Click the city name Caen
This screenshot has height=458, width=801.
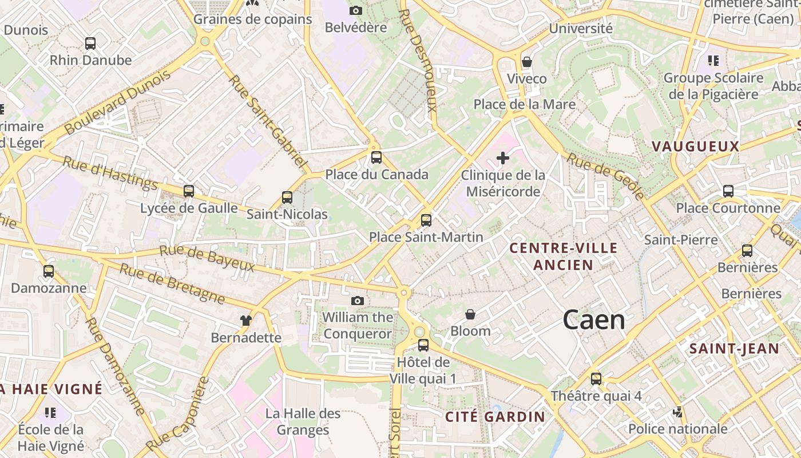[x=594, y=320]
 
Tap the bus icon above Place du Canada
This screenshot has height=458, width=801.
[x=376, y=157]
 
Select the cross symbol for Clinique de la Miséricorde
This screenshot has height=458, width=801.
[x=503, y=158]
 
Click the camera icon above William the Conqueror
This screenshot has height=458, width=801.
[x=357, y=301]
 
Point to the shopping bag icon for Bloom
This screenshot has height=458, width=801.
[x=470, y=314]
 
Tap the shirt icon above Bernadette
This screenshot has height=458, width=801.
[x=246, y=321]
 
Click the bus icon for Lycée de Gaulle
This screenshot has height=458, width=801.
[x=188, y=191]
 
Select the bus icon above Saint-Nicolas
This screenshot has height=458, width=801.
[x=287, y=198]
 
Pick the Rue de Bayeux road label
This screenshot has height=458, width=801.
[x=207, y=258]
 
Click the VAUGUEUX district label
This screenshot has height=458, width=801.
[x=696, y=147]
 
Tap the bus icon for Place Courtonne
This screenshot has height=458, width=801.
[x=728, y=191]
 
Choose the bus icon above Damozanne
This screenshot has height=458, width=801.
[x=49, y=271]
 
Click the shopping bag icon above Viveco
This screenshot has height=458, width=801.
[x=526, y=62]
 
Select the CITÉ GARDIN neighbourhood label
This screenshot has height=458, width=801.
[x=495, y=417]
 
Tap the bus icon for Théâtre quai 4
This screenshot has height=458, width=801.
[x=596, y=378]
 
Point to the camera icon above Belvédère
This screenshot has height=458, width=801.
[x=355, y=10]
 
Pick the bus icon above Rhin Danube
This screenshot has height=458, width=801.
[x=90, y=43]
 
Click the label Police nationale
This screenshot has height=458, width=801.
[x=678, y=429]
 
